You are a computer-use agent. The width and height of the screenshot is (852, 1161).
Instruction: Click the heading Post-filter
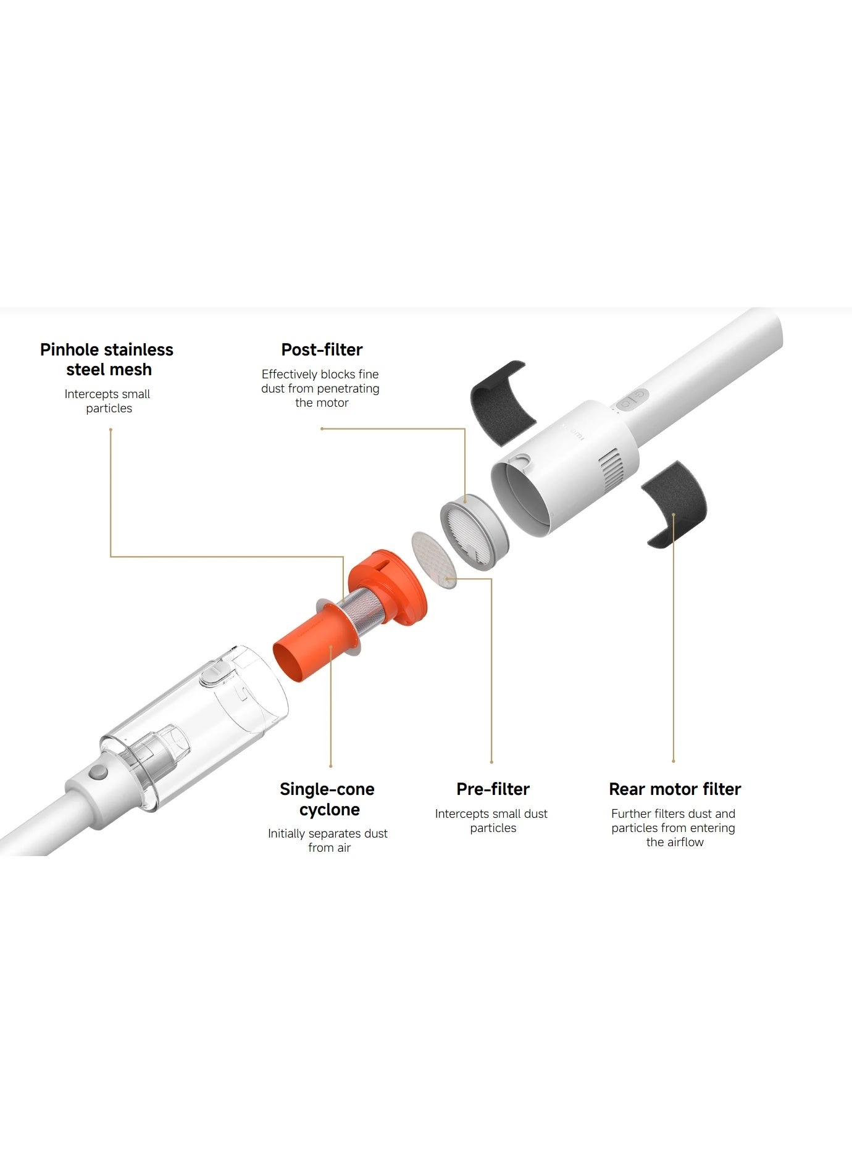322,349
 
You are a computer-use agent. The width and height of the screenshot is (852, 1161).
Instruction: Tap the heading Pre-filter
493,789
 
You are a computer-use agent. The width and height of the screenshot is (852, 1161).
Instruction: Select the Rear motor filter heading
675,789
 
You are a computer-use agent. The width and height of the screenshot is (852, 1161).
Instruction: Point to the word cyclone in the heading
329,809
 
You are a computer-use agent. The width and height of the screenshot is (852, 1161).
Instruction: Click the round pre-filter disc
434,560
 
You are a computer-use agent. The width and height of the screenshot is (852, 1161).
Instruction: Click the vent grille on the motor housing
611,472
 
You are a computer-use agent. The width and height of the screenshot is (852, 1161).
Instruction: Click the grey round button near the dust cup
97,772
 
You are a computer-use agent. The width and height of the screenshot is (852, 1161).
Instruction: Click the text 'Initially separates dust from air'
328,840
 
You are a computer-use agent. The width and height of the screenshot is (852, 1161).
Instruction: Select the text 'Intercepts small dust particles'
491,820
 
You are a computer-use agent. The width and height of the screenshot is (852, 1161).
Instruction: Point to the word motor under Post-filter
333,402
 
